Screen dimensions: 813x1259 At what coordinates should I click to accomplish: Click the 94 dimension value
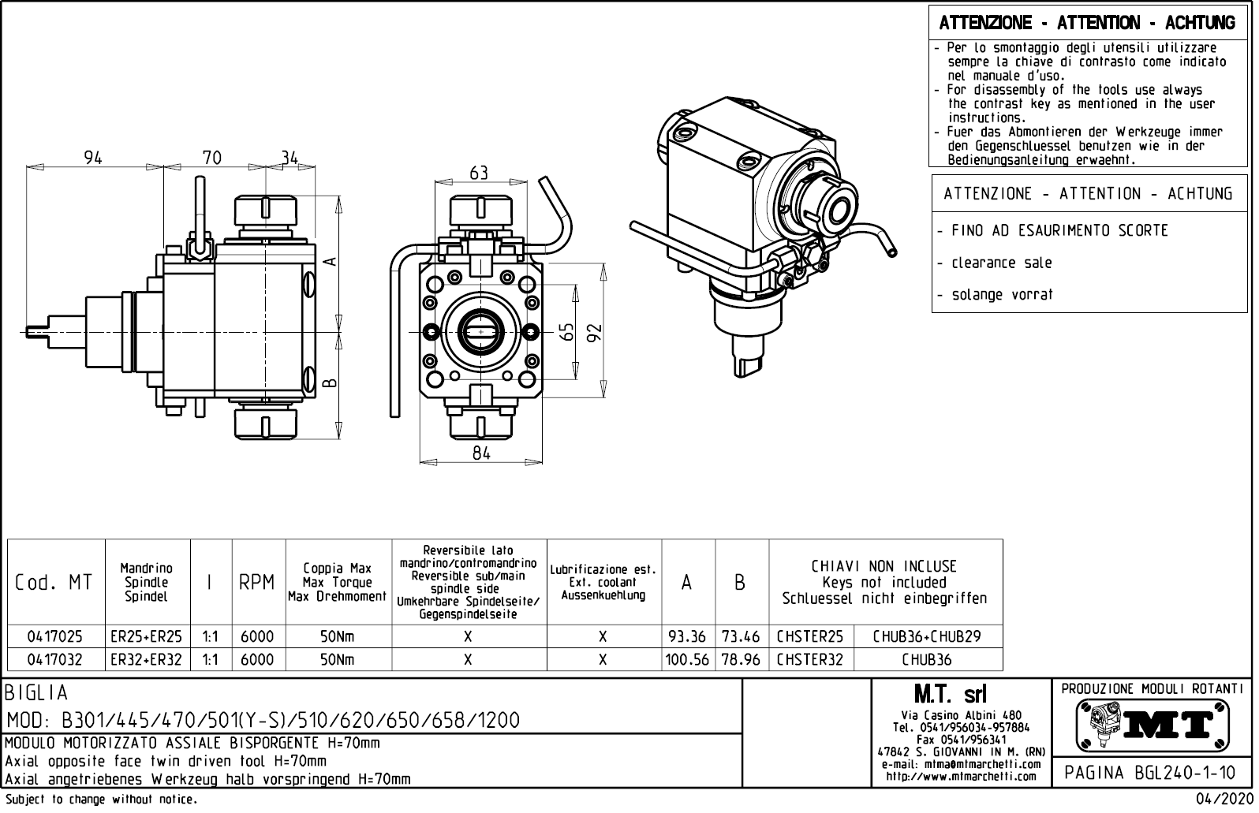tap(93, 158)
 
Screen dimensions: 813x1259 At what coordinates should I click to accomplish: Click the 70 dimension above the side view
tap(211, 158)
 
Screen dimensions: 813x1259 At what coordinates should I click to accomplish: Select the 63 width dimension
tap(479, 173)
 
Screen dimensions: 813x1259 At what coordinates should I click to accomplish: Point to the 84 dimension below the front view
tap(481, 453)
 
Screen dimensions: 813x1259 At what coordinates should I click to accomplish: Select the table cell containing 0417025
tap(55, 636)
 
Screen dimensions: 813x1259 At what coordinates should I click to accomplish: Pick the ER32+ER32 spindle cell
tap(147, 659)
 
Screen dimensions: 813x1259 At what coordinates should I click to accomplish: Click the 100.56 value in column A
tap(687, 659)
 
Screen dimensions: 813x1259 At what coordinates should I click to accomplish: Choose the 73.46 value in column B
tap(740, 636)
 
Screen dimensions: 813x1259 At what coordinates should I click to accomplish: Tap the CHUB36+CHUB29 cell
tap(927, 636)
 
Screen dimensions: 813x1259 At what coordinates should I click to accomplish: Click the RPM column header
tap(257, 583)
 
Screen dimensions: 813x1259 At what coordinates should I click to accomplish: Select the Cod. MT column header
tap(54, 583)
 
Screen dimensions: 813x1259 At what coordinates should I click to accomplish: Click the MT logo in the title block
tap(1153, 724)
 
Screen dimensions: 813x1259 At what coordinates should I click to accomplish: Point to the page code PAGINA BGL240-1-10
tap(1150, 773)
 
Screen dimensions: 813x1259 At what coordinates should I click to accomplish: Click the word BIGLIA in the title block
tap(36, 693)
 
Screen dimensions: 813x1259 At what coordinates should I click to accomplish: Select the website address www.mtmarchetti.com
tap(961, 777)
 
